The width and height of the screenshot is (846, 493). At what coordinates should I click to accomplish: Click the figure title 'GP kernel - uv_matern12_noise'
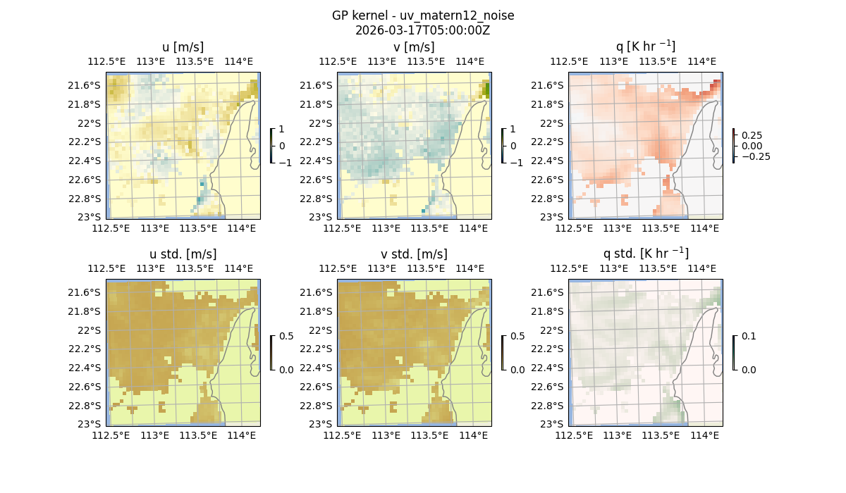[423, 15]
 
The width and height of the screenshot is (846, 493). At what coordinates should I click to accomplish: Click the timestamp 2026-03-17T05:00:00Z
[423, 30]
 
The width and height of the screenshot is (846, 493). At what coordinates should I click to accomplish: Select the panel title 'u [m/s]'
[183, 47]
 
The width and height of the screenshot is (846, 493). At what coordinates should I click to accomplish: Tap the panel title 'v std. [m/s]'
[414, 254]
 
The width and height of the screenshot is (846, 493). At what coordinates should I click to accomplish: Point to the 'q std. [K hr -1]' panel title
[645, 254]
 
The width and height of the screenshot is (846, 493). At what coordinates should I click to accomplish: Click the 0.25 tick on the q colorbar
[752, 135]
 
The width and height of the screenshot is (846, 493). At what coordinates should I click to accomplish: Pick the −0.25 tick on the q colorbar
[754, 156]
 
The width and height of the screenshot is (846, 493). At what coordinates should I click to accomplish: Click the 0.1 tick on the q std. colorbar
[748, 337]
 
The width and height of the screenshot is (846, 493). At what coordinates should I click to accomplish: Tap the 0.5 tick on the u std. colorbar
[286, 337]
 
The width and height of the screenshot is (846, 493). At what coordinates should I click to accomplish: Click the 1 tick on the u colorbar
[282, 130]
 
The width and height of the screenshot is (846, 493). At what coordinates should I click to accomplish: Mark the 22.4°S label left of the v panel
[321, 161]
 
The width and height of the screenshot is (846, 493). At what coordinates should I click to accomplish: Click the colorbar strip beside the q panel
[734, 146]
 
